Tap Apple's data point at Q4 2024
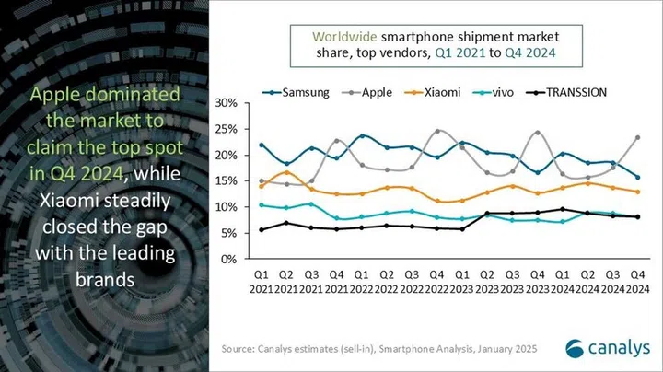(x=637, y=137)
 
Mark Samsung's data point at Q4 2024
(x=637, y=178)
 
